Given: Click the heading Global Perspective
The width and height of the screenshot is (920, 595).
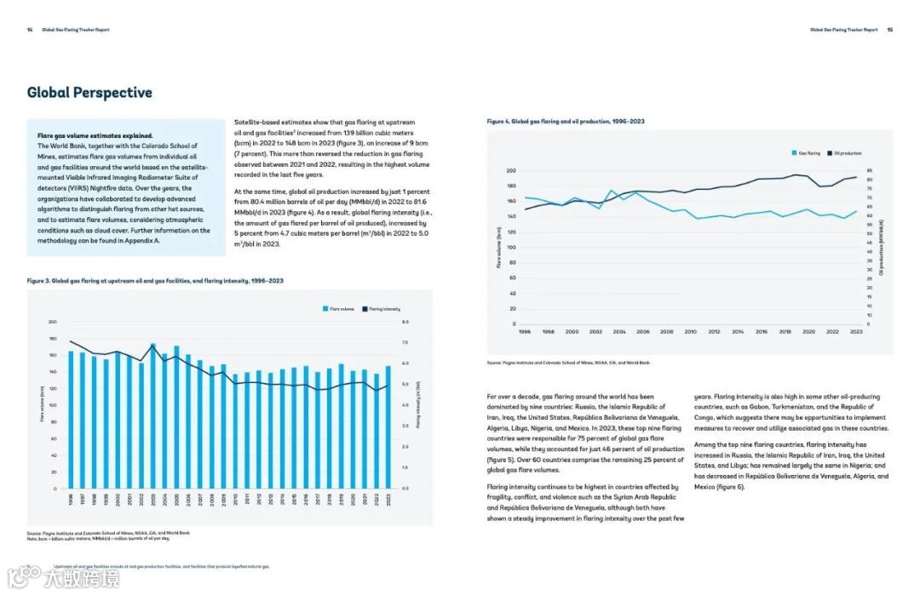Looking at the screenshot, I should pyautogui.click(x=89, y=93).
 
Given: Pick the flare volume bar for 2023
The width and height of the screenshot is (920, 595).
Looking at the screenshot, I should pyautogui.click(x=388, y=427).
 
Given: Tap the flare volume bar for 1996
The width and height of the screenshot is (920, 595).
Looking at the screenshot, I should pyautogui.click(x=72, y=420).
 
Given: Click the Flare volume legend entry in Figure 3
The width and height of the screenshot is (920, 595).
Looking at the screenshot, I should pyautogui.click(x=338, y=309).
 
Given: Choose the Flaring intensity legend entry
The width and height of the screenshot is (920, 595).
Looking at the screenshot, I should pyautogui.click(x=381, y=309).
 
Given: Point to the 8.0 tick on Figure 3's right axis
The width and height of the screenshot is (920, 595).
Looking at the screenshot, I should pyautogui.click(x=405, y=322).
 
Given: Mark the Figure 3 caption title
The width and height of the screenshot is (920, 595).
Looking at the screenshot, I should pyautogui.click(x=155, y=280).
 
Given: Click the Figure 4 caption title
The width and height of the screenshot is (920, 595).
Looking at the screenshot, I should pyautogui.click(x=566, y=122).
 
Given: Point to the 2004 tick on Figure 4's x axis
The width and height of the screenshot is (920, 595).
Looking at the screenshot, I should pyautogui.click(x=619, y=332).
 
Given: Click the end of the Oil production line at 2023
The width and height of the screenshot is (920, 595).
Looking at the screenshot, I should pyautogui.click(x=856, y=177).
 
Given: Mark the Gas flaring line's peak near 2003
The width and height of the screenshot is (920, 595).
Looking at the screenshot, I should pyautogui.click(x=612, y=191).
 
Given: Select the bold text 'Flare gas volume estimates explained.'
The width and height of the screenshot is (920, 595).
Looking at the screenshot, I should pyautogui.click(x=95, y=135).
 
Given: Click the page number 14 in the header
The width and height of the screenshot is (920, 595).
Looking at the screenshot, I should pyautogui.click(x=30, y=30).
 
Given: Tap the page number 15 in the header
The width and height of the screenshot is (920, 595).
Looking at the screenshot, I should pyautogui.click(x=889, y=30).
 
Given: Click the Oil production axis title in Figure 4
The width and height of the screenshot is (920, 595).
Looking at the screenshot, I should pyautogui.click(x=881, y=247).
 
